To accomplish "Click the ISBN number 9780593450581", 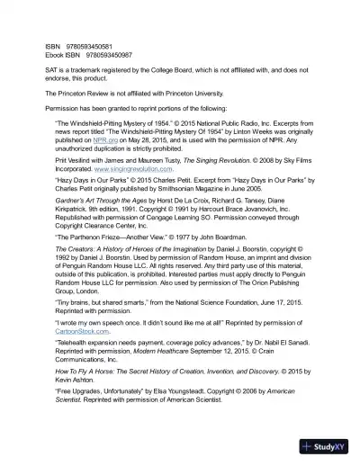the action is [x=88, y=46].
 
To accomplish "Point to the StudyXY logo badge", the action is [x=326, y=447].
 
